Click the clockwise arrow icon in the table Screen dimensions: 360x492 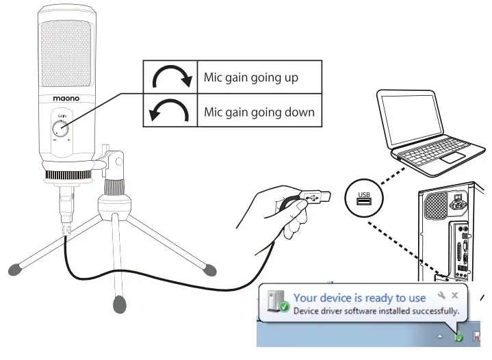click(x=171, y=79)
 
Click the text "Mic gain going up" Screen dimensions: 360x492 click(x=251, y=77)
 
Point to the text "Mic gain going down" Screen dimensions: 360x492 click(x=259, y=112)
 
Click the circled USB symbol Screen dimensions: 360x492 click(x=365, y=198)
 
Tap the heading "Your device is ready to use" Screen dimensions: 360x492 click(x=359, y=298)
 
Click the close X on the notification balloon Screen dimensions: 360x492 click(x=454, y=295)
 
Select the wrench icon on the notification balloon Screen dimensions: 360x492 click(x=441, y=295)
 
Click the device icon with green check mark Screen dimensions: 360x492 click(x=278, y=304)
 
